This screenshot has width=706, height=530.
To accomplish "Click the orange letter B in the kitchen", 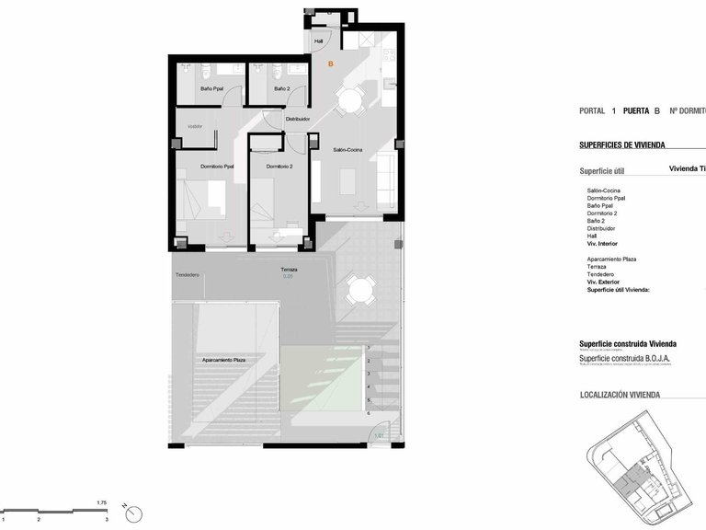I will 331,63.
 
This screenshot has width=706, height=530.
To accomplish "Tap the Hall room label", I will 319,41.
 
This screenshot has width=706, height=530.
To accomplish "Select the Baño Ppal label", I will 212,89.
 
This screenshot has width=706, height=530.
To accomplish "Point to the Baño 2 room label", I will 281,89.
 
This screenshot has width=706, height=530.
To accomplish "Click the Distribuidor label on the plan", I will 297,119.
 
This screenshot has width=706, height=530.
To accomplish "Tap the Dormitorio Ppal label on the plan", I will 217,167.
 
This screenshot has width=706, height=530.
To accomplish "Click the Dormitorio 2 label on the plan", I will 279,167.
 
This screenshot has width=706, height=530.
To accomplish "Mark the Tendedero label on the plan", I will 188,274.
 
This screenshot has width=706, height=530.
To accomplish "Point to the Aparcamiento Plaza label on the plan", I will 223,360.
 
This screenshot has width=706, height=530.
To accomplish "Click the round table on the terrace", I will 359,294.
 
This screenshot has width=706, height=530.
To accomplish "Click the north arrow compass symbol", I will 132,514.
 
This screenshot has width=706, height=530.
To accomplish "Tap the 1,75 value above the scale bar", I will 102,502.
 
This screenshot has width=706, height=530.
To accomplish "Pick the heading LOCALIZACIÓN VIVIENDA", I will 620,395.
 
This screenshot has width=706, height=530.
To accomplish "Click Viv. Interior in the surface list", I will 603,244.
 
